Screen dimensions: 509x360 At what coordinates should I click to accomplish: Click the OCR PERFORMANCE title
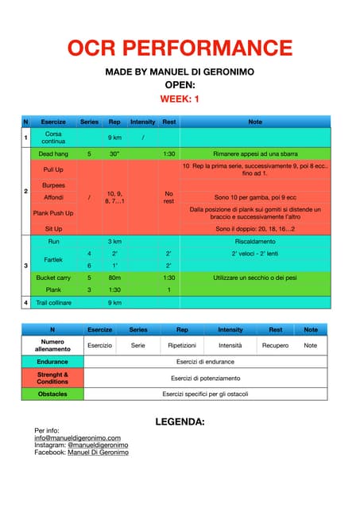point(180,48)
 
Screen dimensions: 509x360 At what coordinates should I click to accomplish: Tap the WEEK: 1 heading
point(180,99)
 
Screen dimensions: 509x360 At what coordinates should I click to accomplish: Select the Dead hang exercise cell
point(53,153)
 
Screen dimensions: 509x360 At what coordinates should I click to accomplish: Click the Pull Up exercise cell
point(53,169)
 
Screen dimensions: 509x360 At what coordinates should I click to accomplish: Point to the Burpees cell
point(53,185)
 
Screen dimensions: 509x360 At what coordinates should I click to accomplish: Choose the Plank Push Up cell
point(53,213)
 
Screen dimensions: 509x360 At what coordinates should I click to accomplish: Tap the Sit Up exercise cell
point(53,229)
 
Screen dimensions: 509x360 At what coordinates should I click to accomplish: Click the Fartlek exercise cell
point(53,259)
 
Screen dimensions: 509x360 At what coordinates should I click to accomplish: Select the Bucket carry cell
point(53,278)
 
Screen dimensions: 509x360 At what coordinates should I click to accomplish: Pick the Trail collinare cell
point(53,302)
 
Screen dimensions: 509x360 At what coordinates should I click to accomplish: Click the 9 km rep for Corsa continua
point(114,138)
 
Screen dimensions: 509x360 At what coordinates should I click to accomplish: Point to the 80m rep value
point(114,278)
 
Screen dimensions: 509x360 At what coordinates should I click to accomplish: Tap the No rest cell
point(168,197)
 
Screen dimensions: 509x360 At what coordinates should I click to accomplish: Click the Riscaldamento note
point(255,240)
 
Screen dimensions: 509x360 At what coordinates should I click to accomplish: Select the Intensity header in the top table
point(142,122)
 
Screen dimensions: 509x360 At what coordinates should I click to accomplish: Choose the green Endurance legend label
point(52,361)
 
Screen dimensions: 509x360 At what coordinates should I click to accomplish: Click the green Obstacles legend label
point(52,394)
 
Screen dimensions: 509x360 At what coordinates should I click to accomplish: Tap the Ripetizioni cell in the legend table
point(182,345)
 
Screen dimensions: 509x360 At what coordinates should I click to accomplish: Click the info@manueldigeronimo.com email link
point(77,438)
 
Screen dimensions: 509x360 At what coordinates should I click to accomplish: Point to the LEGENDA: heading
point(180,421)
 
